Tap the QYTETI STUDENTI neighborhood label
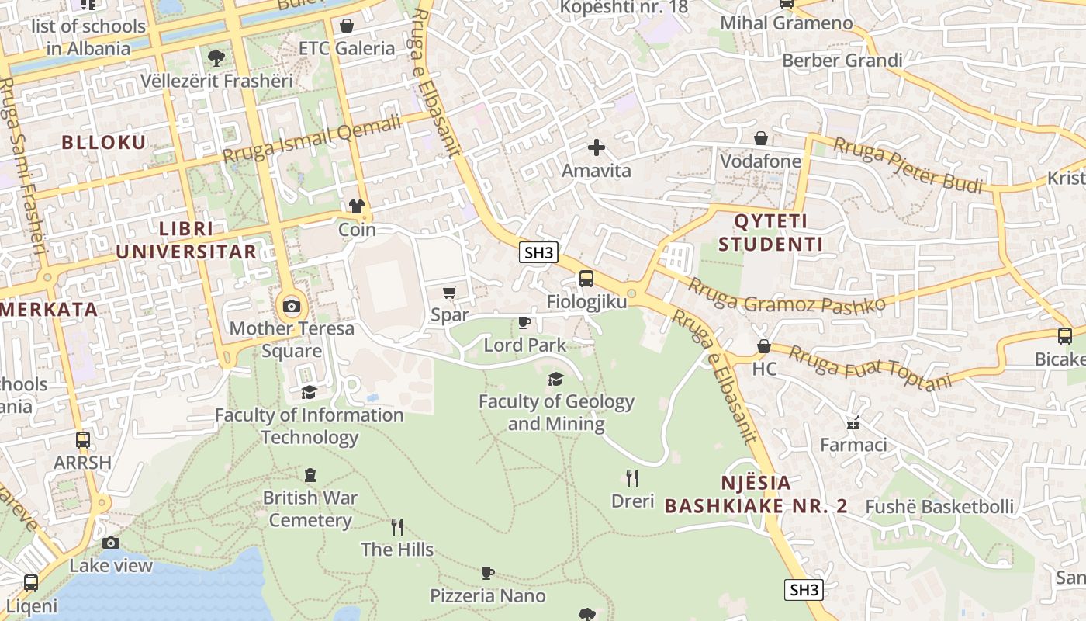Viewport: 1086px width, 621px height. point(770,233)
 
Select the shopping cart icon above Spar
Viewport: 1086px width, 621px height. point(449,293)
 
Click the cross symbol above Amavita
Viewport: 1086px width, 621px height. point(596,147)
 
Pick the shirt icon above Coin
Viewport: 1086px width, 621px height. point(357,206)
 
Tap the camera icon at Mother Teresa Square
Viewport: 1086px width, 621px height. point(292,306)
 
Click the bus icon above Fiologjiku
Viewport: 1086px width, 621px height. point(586,279)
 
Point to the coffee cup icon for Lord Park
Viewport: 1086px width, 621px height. point(524,322)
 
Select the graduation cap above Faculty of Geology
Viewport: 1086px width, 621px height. point(555,379)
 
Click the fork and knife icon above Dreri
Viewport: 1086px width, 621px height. point(632,477)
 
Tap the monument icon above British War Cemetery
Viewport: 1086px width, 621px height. point(310,474)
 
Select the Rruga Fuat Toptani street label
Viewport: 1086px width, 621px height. point(870,367)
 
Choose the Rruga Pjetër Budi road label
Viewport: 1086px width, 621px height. point(908,165)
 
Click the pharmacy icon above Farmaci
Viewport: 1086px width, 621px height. point(853,423)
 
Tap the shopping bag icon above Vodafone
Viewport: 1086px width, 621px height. point(761,138)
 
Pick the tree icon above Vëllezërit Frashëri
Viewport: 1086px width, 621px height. point(216,57)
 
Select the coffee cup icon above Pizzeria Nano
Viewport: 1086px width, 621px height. point(487,573)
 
